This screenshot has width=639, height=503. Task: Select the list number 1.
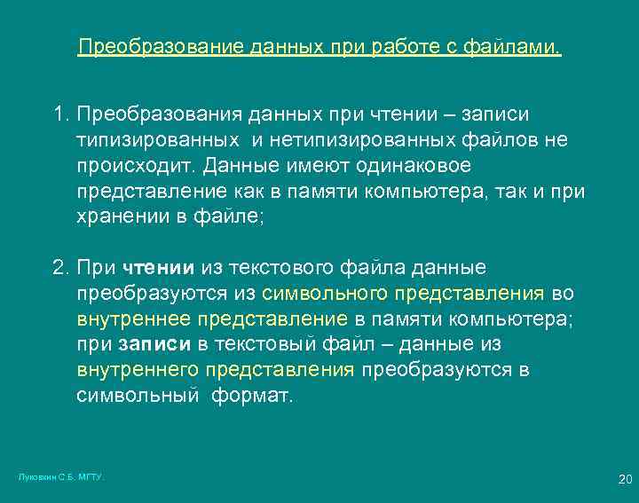[x=59, y=115]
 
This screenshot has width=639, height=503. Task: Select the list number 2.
[x=59, y=268]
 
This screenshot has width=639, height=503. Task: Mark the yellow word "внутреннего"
[x=137, y=370]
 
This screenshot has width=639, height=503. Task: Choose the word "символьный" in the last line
[x=137, y=396]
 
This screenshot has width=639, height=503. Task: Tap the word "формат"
[x=251, y=396]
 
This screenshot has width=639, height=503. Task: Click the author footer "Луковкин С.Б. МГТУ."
[x=60, y=477]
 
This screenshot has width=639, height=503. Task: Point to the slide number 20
[x=624, y=479]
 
